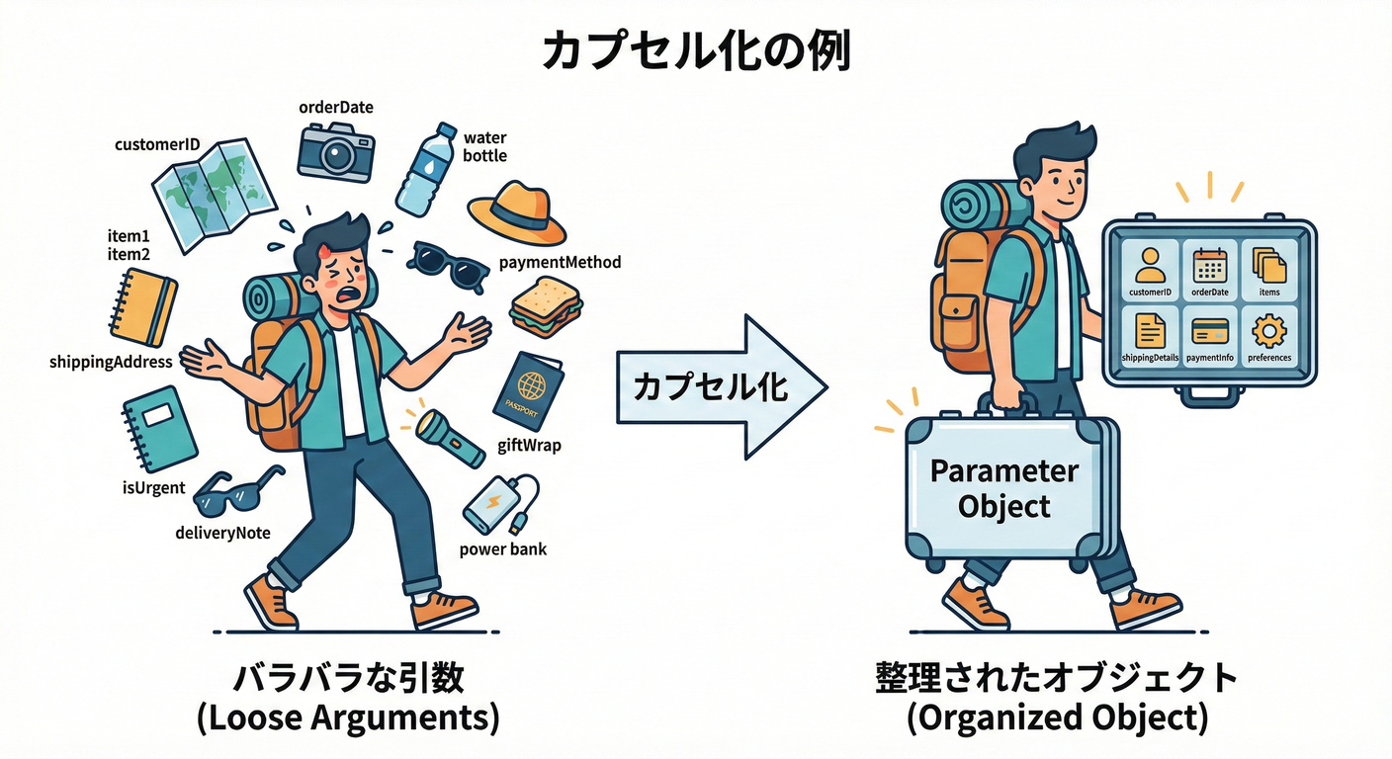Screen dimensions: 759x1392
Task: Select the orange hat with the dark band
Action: [x=516, y=212]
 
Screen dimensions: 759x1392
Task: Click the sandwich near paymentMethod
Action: [x=546, y=306]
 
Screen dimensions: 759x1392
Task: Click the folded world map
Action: [x=203, y=194]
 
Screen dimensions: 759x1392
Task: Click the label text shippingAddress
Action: [x=111, y=362]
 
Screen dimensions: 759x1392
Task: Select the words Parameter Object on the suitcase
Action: [x=1003, y=488]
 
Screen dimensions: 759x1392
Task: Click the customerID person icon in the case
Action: [x=1150, y=265]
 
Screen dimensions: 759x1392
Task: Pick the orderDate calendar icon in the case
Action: [x=1209, y=265]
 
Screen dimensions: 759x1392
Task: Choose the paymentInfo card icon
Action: [x=1209, y=330]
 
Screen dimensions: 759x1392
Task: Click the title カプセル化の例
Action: [x=696, y=52]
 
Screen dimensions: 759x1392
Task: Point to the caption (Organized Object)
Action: [x=1057, y=718]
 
